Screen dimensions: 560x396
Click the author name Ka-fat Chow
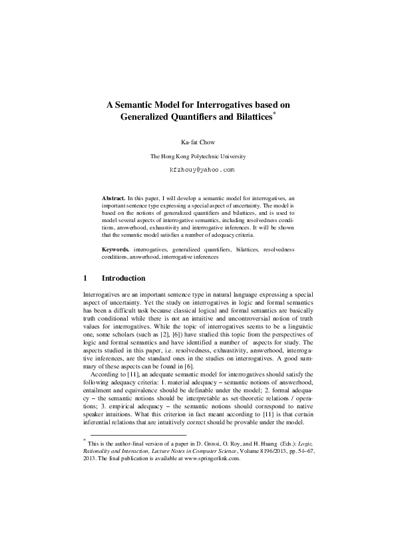(198, 142)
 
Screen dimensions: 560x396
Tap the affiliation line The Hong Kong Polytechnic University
(198, 156)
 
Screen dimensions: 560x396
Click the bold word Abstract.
(113, 198)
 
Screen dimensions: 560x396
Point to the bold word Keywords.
(115, 249)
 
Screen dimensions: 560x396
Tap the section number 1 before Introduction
(85, 277)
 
